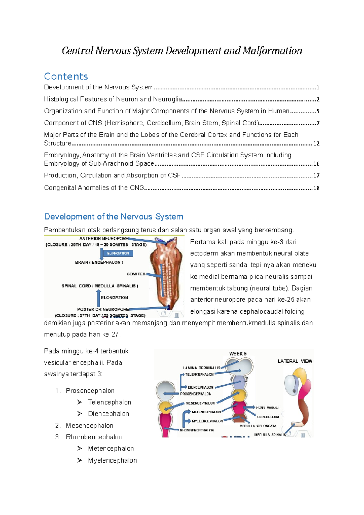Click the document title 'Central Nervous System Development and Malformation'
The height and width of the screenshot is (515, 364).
pyautogui.click(x=182, y=51)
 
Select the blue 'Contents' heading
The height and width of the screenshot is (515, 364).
pyautogui.click(x=66, y=76)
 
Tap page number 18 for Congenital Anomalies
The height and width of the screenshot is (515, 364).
pyautogui.click(x=316, y=188)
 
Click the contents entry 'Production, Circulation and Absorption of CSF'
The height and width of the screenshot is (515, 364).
pyautogui.click(x=112, y=175)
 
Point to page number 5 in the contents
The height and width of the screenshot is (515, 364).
pyautogui.click(x=318, y=111)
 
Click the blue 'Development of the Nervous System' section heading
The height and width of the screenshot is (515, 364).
pyautogui.click(x=114, y=217)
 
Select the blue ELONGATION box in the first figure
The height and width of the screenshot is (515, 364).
pyautogui.click(x=118, y=253)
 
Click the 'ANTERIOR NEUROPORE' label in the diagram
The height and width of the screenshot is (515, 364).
pyautogui.click(x=104, y=239)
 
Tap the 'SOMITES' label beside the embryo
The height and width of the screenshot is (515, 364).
pyautogui.click(x=136, y=274)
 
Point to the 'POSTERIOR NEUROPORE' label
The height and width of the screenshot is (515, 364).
pyautogui.click(x=103, y=309)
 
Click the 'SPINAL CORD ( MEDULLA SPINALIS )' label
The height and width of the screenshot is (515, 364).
pyautogui.click(x=100, y=286)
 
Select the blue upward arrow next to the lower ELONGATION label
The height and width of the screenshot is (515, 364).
pyautogui.click(x=98, y=298)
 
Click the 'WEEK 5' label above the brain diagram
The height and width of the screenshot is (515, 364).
pyautogui.click(x=238, y=354)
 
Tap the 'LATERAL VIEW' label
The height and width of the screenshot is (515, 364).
pyautogui.click(x=295, y=361)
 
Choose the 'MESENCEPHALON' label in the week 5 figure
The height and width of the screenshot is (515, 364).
pyautogui.click(x=200, y=403)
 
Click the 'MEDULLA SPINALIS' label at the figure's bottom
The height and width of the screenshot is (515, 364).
pyautogui.click(x=270, y=435)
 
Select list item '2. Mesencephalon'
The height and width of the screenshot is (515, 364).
pyautogui.click(x=84, y=426)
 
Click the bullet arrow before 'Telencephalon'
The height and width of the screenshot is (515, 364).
pyautogui.click(x=80, y=402)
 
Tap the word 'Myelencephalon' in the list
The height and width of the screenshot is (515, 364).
pyautogui.click(x=112, y=460)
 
